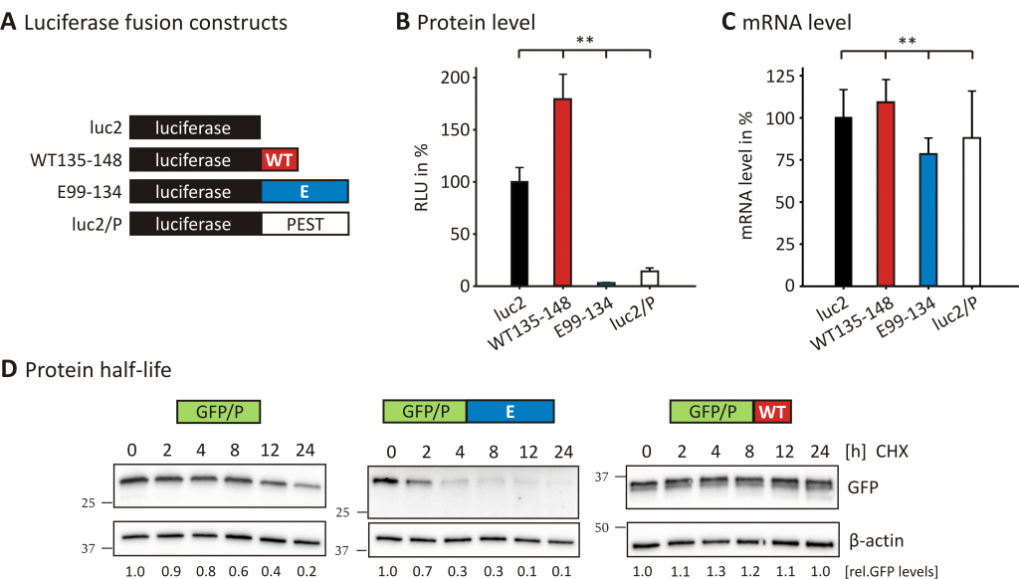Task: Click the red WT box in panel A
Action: [x=280, y=160]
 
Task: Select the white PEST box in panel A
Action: [x=305, y=224]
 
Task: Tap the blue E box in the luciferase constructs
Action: [x=305, y=192]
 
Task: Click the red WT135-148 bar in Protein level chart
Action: [x=563, y=192]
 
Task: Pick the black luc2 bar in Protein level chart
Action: [x=519, y=234]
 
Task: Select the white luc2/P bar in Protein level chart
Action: [x=650, y=279]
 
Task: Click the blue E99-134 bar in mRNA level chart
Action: [x=928, y=220]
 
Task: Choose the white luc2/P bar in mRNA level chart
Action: [x=971, y=212]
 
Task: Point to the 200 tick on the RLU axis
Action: [x=474, y=78]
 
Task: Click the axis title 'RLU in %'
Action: [x=421, y=177]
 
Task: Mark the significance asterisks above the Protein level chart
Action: [x=585, y=40]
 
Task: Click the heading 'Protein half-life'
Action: [x=99, y=370]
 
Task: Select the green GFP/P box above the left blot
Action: [x=218, y=412]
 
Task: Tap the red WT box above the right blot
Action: [x=772, y=412]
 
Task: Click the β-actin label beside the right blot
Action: [x=876, y=540]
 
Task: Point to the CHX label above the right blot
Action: [x=892, y=451]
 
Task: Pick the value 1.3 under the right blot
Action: [x=715, y=571]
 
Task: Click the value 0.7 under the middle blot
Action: [x=422, y=571]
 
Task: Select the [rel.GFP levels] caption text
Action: [x=892, y=572]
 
